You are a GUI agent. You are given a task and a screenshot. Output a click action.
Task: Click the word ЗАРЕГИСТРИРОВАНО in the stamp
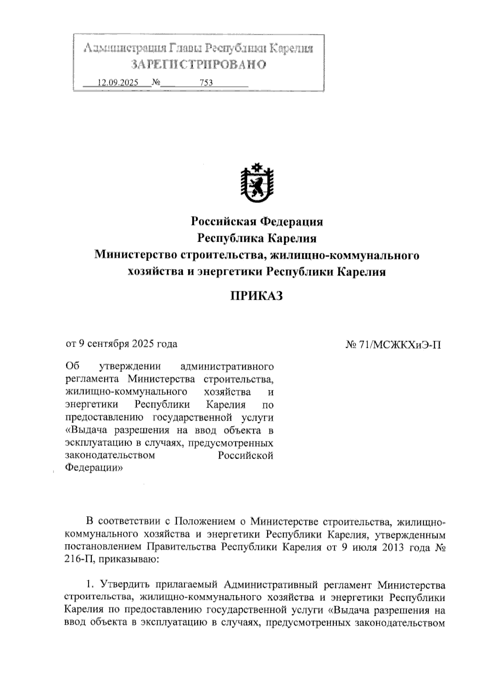pos(199,65)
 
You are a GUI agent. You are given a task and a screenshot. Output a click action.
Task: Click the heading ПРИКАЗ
pos(257,296)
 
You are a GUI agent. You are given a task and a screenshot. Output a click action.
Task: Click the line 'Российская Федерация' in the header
pos(257,222)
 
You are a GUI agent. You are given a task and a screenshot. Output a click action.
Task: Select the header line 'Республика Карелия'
pos(257,238)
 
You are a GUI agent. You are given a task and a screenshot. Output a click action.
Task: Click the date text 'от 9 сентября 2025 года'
pos(122,344)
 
